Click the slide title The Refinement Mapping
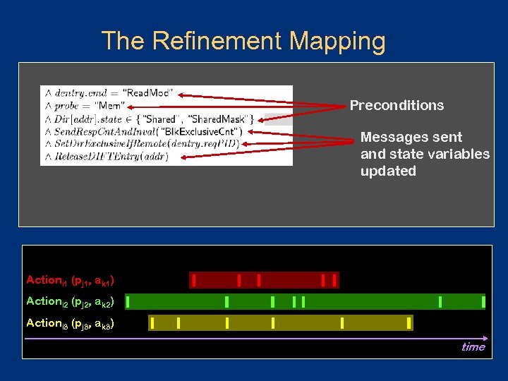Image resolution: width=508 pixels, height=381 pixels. (x=243, y=42)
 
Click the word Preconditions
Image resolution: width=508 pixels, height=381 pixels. (x=397, y=106)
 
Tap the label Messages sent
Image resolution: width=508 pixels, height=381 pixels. (x=411, y=137)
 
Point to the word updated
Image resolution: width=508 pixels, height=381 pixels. (x=388, y=171)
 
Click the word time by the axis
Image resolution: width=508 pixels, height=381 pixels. (x=473, y=346)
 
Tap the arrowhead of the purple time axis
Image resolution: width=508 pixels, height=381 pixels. (x=484, y=338)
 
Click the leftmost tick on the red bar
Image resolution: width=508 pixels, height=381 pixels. (x=194, y=280)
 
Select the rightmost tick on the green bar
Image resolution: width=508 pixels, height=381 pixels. (x=483, y=302)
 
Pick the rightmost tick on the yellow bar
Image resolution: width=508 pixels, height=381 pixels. (x=409, y=323)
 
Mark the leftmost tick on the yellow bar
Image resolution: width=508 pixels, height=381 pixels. (x=152, y=323)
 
